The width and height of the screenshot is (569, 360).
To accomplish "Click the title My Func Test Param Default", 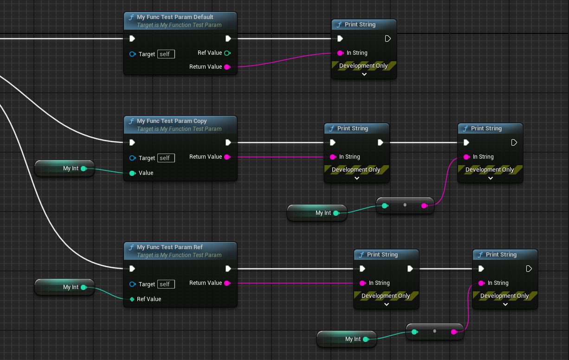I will [175, 17].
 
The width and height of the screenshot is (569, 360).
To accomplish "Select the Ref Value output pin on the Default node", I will [227, 53].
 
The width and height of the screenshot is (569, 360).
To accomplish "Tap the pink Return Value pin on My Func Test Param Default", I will [227, 67].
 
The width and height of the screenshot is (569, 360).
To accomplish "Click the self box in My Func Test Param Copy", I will [166, 158].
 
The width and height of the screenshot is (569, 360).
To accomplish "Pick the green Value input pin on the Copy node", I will [132, 173].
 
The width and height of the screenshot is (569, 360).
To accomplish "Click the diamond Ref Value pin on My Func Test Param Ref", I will [132, 299].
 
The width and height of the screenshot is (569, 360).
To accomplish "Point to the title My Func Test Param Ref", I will [169, 247].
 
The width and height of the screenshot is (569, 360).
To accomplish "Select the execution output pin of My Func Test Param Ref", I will [228, 269].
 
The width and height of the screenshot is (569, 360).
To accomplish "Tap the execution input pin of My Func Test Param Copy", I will [132, 142].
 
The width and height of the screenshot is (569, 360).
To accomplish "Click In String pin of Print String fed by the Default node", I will [340, 53].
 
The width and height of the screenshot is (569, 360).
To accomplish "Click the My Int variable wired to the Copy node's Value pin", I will [65, 168].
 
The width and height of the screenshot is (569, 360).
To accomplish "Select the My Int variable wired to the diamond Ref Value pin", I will [65, 287].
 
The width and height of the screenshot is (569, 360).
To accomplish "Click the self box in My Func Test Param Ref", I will [166, 284].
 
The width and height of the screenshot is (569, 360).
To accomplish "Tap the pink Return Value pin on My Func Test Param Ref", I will [227, 283].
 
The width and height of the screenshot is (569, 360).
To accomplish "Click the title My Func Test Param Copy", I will [172, 121].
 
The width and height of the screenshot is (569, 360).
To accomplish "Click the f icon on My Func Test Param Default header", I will [131, 17].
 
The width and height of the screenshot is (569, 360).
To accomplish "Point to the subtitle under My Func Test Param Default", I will [179, 25].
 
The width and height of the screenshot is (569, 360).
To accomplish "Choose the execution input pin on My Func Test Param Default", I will [132, 39].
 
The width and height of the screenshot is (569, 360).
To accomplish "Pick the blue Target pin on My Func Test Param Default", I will [132, 54].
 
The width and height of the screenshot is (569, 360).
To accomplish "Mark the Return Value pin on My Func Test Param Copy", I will [227, 157].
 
